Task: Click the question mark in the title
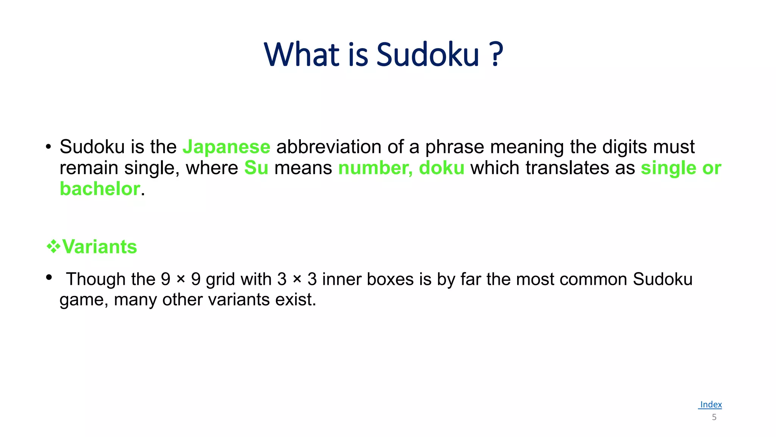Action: coord(496,55)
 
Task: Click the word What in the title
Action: coord(302,55)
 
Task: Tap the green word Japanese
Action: coord(226,147)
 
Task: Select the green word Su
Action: coord(256,168)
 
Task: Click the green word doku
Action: coord(441,168)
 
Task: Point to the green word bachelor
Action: coord(100,189)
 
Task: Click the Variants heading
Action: coord(99,247)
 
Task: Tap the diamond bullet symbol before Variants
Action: coord(53,247)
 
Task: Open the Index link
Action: coord(710,404)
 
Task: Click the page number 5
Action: coord(714,417)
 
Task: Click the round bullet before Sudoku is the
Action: coord(48,147)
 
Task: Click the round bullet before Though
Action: coord(48,278)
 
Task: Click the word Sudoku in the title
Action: coord(428,55)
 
